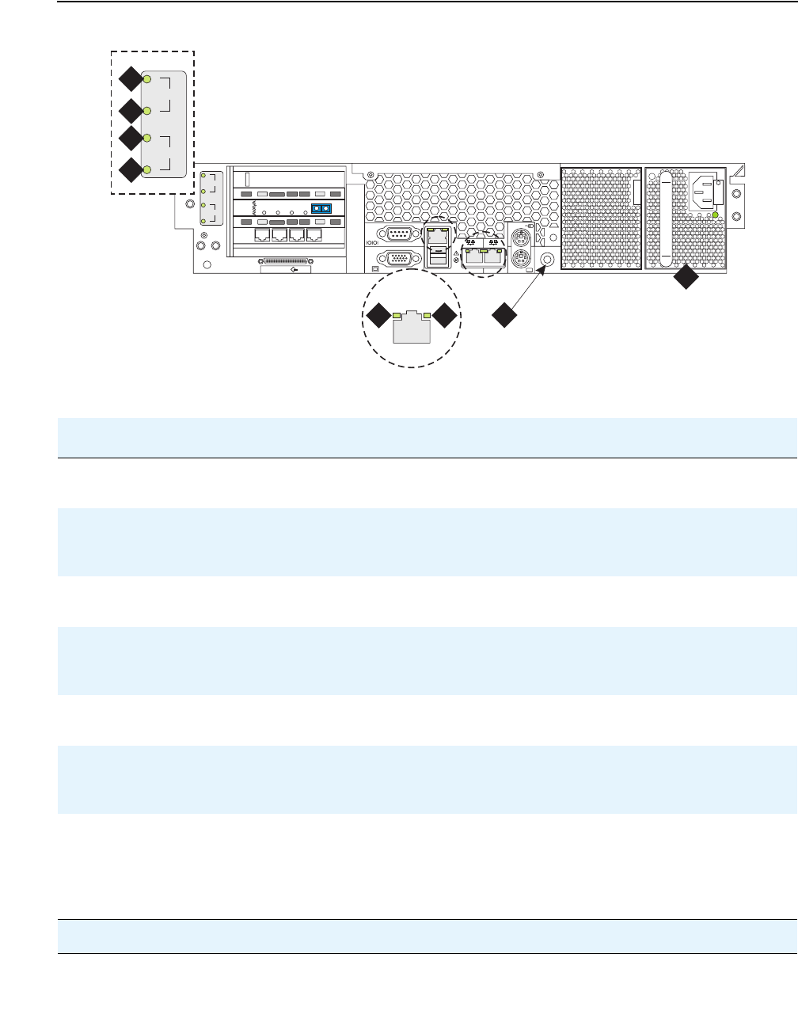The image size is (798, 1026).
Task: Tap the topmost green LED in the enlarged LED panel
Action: [x=147, y=79]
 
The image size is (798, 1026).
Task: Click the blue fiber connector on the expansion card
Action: [x=321, y=209]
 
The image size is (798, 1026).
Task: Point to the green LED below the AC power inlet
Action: [x=715, y=215]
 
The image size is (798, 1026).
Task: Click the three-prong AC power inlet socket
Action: [x=704, y=192]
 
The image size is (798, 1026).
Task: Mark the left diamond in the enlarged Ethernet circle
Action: [x=378, y=316]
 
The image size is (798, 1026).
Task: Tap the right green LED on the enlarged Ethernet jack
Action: [x=427, y=316]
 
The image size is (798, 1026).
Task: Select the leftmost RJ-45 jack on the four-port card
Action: [x=263, y=234]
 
